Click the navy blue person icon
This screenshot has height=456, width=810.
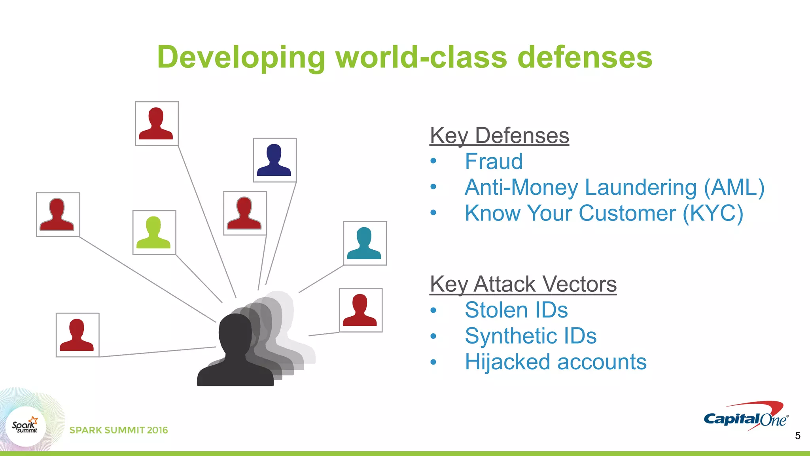pos(274,160)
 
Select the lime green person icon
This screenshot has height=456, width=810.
pos(154,233)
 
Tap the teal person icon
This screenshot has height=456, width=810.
pos(365,243)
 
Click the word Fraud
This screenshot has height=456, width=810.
pos(494,161)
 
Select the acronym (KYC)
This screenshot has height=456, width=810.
pos(713,213)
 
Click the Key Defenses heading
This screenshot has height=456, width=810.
pos(499,136)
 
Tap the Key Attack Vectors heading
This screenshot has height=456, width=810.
pos(523,284)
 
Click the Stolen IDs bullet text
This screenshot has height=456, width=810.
pos(516,310)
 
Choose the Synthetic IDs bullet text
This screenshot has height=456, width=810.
pos(530,336)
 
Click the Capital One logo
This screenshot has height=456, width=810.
pos(746,417)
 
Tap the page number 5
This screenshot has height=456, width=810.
pos(797,436)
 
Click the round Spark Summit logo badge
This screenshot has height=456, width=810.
pos(26,427)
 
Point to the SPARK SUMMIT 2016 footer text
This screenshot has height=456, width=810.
pos(119,430)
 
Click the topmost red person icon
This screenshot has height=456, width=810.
pos(156,123)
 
